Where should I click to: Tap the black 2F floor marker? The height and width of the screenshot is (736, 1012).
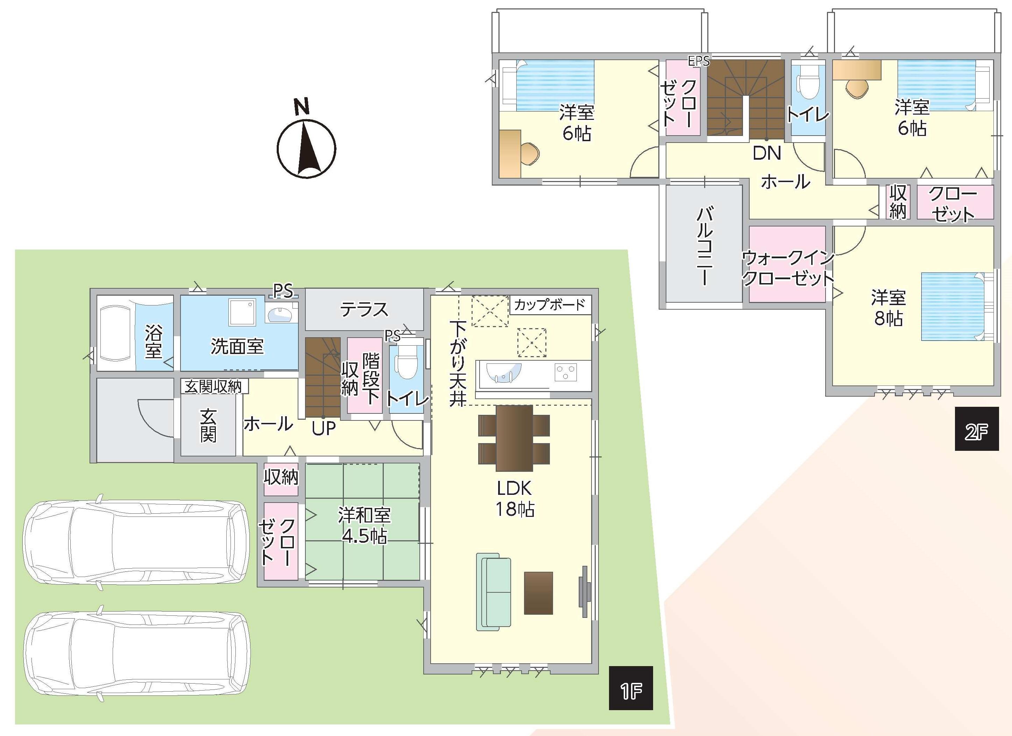pyautogui.click(x=977, y=429)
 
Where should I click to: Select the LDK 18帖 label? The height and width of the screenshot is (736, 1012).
pyautogui.click(x=515, y=499)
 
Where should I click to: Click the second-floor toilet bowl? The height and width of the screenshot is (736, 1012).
pyautogui.click(x=807, y=84)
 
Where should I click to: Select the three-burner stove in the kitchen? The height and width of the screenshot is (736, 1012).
pyautogui.click(x=566, y=372)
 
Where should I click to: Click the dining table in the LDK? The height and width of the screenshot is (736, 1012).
pyautogui.click(x=514, y=438)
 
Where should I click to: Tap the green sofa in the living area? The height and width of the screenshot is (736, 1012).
pyautogui.click(x=494, y=592)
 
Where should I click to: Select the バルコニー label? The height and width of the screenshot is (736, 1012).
pyautogui.click(x=705, y=245)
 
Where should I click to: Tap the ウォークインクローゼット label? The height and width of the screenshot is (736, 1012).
pyautogui.click(x=787, y=268)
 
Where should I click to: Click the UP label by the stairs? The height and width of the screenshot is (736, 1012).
pyautogui.click(x=324, y=428)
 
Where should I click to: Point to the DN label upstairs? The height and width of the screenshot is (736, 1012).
pyautogui.click(x=767, y=153)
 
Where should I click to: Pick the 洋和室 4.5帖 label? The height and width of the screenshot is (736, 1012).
pyautogui.click(x=364, y=525)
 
